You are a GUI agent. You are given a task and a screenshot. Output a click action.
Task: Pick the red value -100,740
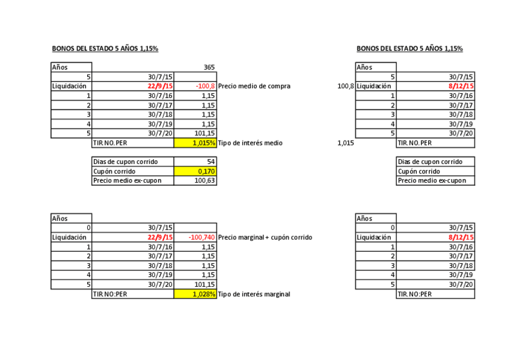click(x=201, y=237)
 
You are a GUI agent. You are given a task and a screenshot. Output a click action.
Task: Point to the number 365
click(x=209, y=67)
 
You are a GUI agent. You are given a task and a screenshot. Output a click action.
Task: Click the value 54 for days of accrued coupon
click(x=210, y=162)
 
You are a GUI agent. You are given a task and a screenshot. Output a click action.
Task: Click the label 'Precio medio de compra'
click(x=254, y=86)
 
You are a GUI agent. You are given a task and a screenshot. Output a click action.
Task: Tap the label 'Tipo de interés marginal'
click(x=254, y=294)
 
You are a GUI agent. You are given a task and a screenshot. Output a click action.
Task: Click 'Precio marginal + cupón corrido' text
click(x=265, y=237)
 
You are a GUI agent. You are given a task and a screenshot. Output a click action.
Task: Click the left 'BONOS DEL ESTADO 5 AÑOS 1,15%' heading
click(x=105, y=49)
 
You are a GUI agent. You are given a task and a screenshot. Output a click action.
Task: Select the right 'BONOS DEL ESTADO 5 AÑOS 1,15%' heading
click(x=410, y=49)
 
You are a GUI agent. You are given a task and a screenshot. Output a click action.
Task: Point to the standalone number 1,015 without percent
click(x=346, y=143)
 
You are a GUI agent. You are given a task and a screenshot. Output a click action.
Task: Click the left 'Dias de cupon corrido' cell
click(x=125, y=162)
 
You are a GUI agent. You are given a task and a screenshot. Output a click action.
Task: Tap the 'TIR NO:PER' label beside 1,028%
click(x=110, y=294)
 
